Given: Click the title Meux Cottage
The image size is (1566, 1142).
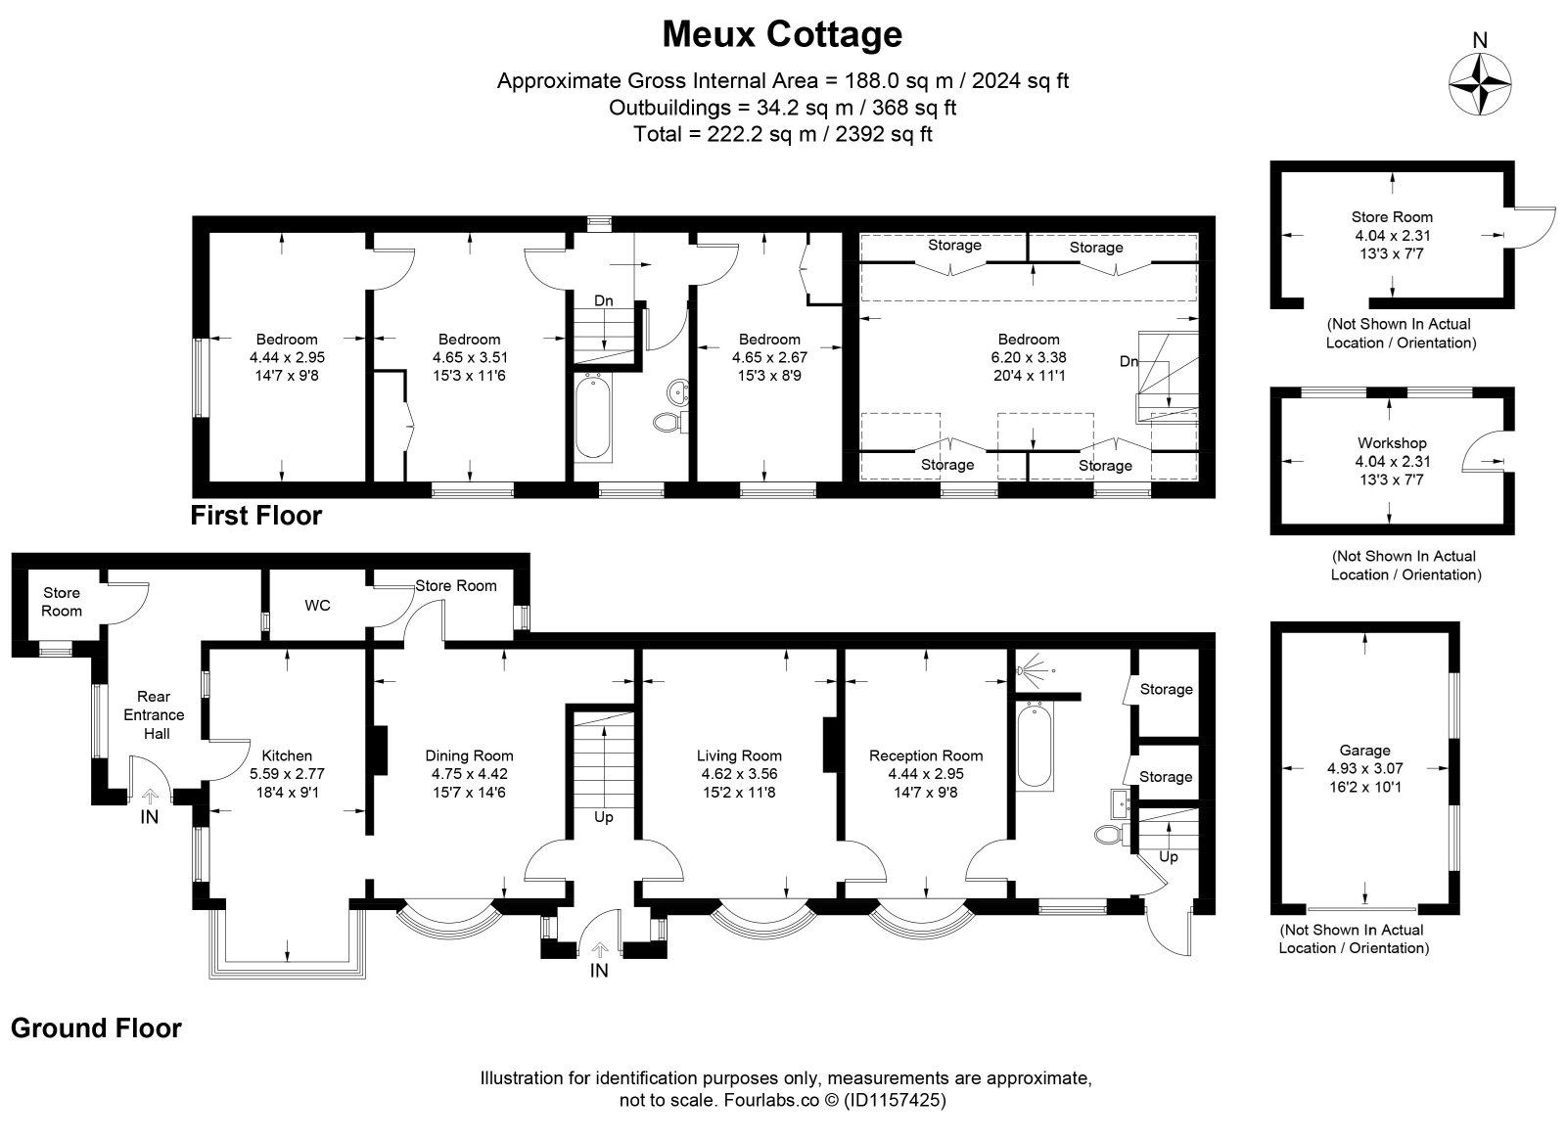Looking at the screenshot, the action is click(782, 34).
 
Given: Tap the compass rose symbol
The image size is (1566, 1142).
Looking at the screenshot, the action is click(1479, 84).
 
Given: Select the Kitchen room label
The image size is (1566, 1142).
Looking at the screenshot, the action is click(287, 755).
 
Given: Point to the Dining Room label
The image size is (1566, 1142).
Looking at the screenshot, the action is click(469, 755).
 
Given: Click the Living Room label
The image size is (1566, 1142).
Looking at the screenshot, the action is click(739, 755).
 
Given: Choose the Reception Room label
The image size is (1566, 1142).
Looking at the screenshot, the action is click(926, 755).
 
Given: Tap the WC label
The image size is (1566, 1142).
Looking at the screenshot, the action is click(317, 605).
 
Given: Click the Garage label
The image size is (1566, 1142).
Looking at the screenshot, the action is click(1364, 750).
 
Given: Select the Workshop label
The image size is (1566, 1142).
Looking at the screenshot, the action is click(1392, 442).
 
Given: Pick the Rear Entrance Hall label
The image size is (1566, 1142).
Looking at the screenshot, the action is click(154, 715).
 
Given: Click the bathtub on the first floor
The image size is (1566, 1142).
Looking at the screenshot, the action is click(593, 416).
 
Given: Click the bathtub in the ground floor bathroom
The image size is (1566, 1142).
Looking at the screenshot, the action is click(1035, 747).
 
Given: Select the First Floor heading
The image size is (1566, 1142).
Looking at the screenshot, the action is click(255, 515).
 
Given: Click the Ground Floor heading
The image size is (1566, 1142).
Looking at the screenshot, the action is click(97, 1028).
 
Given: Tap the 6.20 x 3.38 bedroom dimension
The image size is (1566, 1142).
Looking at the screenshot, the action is click(1029, 357).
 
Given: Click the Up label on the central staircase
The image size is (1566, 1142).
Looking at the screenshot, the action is click(603, 817).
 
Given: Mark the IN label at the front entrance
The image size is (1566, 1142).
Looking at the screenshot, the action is click(599, 970).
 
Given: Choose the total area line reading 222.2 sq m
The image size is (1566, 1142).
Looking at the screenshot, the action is click(782, 133).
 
